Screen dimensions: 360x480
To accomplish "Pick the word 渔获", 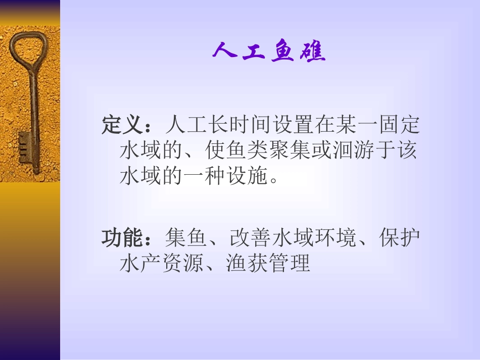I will click(x=246, y=264).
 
